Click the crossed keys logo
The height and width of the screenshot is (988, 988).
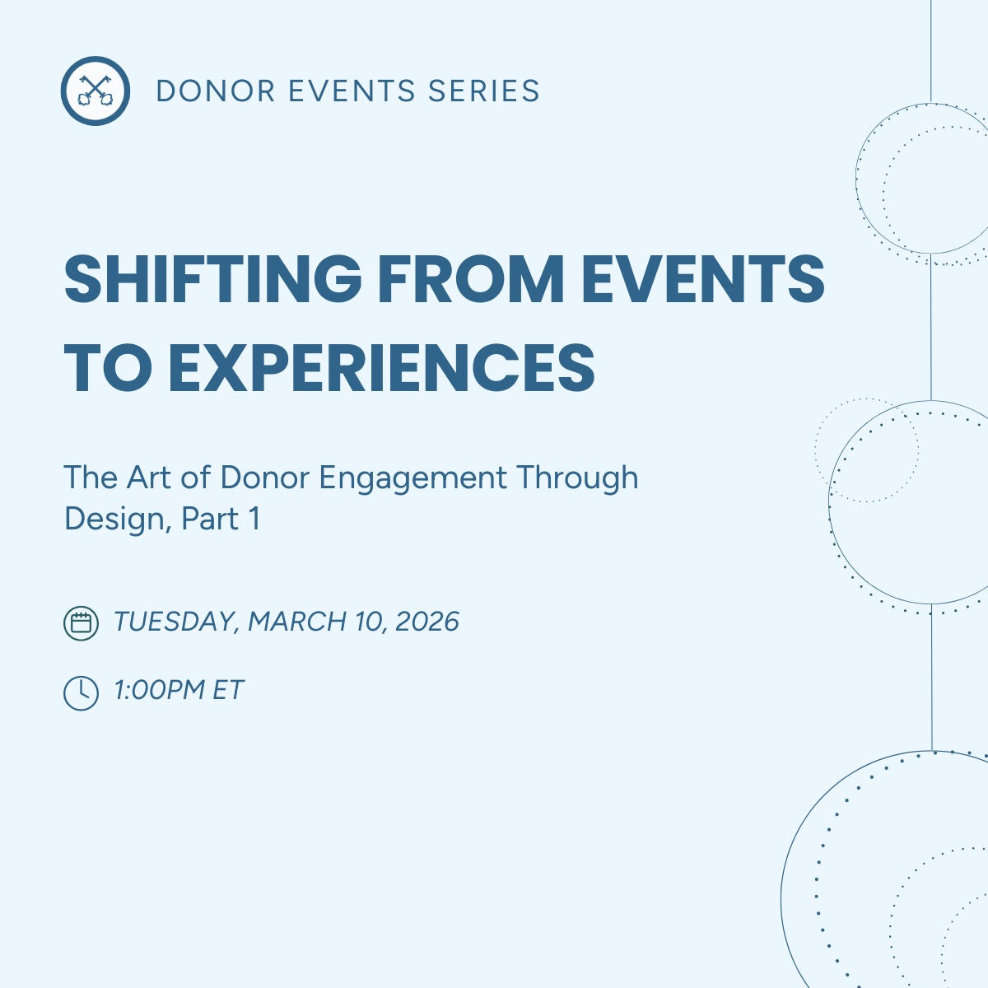tap(95, 91)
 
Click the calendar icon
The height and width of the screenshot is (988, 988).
tap(81, 622)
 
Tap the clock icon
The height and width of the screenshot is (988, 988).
tap(81, 692)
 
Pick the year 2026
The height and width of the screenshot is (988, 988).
tap(426, 622)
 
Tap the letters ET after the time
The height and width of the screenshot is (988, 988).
tap(228, 690)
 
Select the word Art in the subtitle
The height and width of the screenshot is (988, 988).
tap(147, 478)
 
